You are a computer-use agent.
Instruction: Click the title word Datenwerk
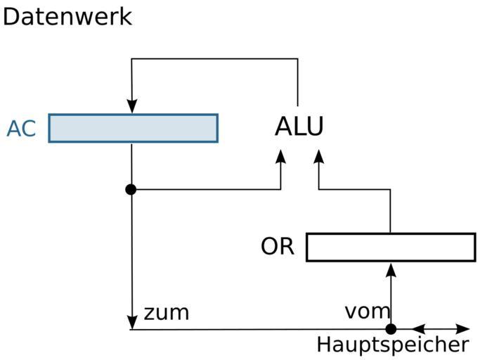(67, 16)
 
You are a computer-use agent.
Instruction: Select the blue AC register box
(133, 128)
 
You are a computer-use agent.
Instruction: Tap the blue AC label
(21, 129)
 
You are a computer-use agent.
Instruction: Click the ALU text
(299, 127)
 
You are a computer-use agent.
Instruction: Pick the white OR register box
(391, 247)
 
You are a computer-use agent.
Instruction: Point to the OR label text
(278, 247)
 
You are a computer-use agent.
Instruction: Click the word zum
(166, 312)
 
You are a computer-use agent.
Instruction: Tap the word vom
(366, 311)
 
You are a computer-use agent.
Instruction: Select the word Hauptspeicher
(392, 345)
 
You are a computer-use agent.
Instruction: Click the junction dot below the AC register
(131, 189)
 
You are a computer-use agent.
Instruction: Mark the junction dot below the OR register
(391, 329)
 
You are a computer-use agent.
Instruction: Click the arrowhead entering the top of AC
(131, 106)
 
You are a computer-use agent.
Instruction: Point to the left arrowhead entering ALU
(281, 157)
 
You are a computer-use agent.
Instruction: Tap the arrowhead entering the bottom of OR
(391, 269)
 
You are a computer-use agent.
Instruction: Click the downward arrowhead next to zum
(131, 321)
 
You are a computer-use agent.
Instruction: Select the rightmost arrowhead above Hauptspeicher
(462, 329)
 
